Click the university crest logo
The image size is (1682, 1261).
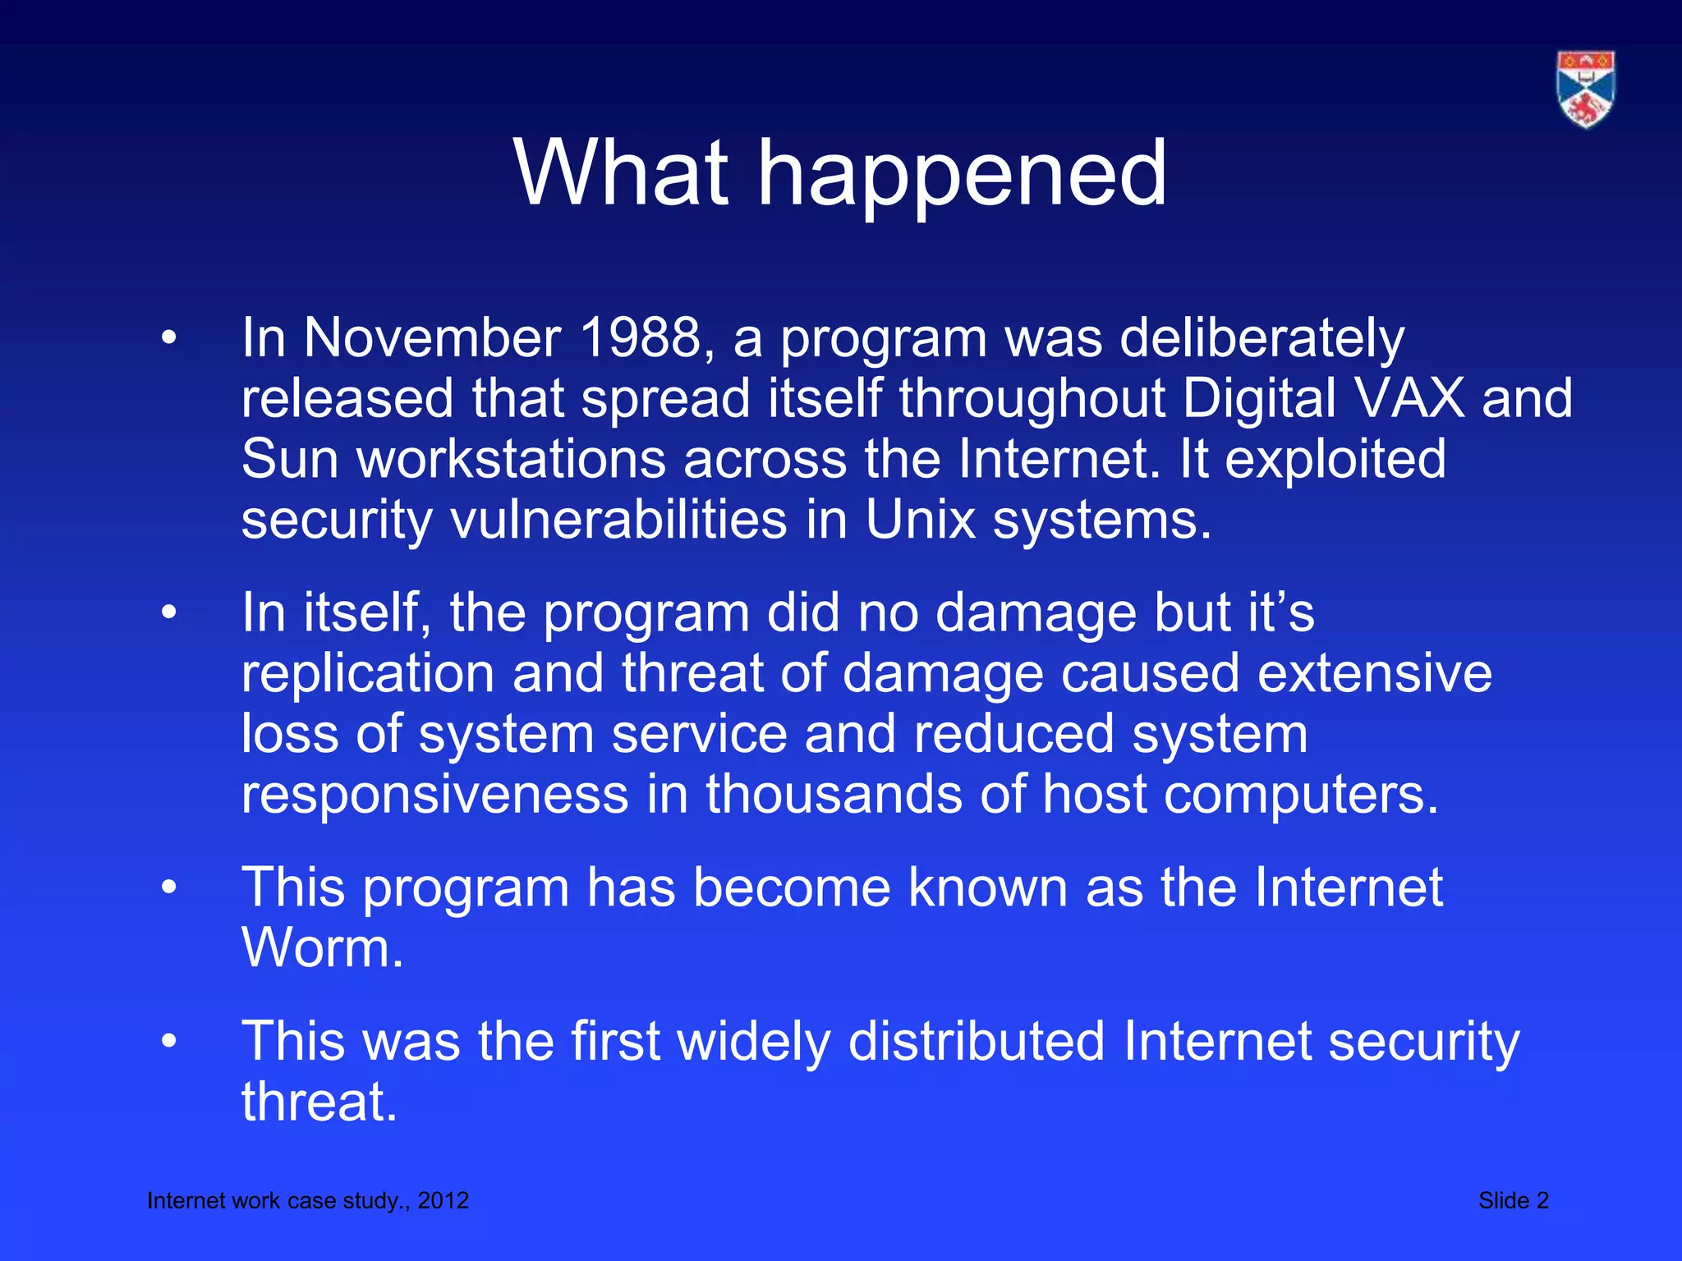[1585, 89]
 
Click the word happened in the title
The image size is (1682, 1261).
[961, 174]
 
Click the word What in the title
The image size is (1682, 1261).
[621, 174]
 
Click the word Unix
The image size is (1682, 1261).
[920, 520]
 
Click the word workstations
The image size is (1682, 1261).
[510, 460]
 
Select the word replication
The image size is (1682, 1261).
[367, 674]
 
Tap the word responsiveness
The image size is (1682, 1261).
[434, 795]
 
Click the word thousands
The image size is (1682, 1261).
[834, 795]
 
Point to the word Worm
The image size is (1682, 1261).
[322, 949]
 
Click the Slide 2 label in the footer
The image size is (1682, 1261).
[1513, 1200]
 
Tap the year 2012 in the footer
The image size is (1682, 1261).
[443, 1200]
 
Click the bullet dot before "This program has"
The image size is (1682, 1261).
[169, 887]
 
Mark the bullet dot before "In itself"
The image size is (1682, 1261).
[169, 612]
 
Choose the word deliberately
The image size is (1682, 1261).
[1261, 338]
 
